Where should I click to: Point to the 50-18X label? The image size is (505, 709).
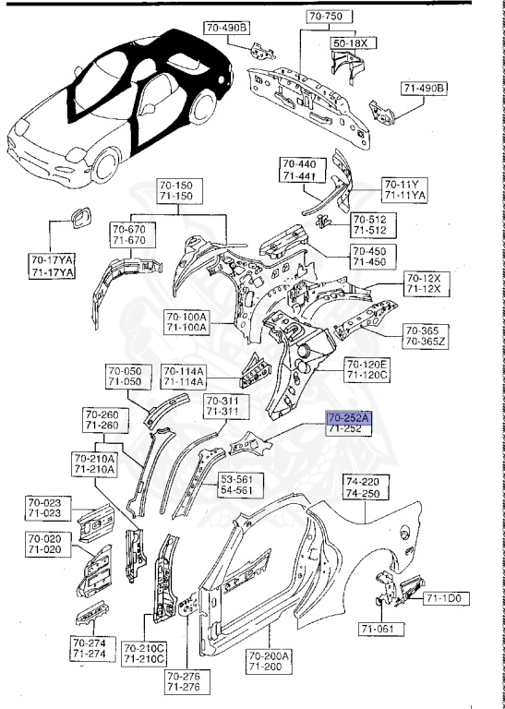pos(348,43)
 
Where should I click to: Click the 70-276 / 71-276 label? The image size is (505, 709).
pos(183,682)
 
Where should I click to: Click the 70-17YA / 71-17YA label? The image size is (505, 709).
pos(52,267)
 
